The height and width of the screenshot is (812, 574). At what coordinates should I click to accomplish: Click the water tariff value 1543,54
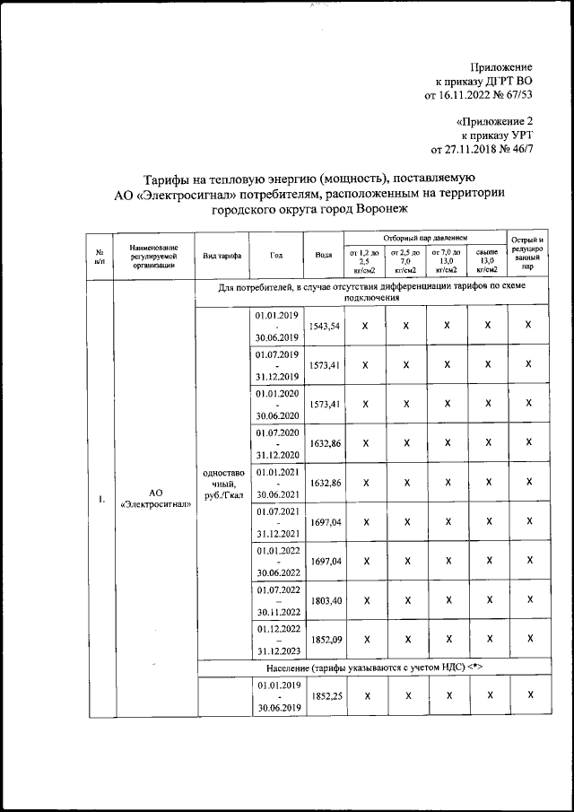324,327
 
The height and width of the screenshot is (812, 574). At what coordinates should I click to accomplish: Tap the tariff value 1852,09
324,638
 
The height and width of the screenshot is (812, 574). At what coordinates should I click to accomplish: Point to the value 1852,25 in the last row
324,695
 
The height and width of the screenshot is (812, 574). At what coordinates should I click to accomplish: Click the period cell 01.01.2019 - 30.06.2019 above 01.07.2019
277,327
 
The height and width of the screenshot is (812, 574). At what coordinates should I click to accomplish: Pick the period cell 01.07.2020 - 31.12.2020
277,442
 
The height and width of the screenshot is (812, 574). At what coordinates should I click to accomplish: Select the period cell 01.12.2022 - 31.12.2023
277,638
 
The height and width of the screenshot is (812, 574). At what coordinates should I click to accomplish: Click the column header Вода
324,255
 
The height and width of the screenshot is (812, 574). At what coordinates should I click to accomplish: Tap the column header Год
277,255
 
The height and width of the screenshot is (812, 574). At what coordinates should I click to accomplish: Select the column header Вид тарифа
222,255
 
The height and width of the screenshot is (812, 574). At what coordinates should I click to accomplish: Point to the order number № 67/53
512,94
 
